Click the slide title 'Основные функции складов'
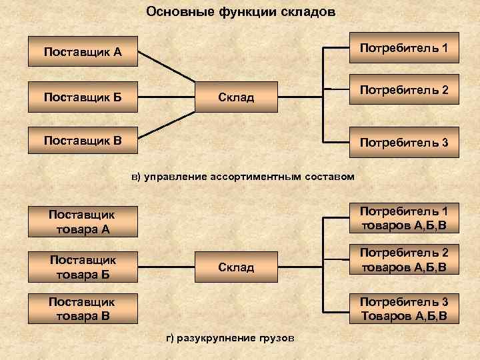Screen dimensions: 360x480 [x=241, y=12]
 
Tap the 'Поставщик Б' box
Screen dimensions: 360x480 [x=83, y=97]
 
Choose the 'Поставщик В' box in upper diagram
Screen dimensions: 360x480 [x=83, y=141]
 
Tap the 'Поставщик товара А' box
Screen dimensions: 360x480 [x=83, y=223]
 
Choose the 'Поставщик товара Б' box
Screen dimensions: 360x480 [x=83, y=266]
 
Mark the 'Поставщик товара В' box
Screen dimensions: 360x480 [x=83, y=308]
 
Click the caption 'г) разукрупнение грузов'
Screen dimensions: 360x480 [x=229, y=338]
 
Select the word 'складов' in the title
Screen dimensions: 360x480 [x=309, y=12]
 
